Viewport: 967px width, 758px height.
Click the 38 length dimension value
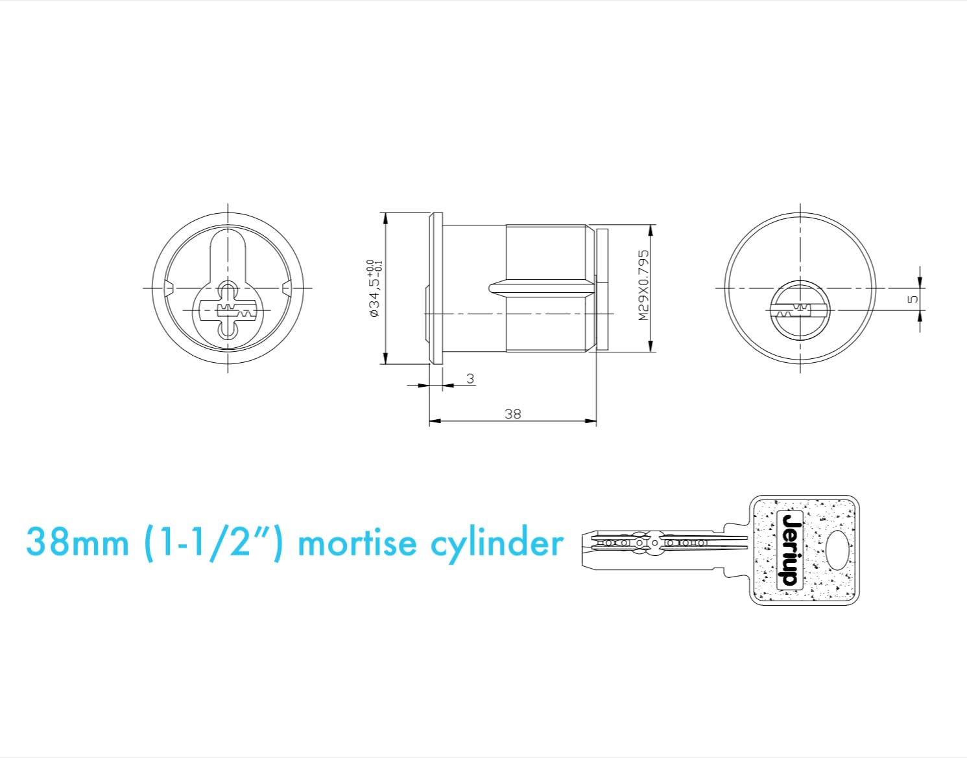point(512,413)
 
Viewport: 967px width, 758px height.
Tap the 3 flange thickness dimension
point(470,378)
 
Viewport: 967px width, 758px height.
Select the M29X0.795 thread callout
point(643,285)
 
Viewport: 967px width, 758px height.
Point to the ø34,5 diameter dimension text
point(374,288)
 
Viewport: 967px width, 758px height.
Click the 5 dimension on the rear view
point(913,299)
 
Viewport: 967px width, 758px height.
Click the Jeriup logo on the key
point(790,549)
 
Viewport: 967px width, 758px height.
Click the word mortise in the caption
point(357,543)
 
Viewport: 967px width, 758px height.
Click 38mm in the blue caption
point(77,543)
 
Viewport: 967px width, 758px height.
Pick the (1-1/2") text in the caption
point(214,543)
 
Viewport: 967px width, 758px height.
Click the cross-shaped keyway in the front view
point(227,311)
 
